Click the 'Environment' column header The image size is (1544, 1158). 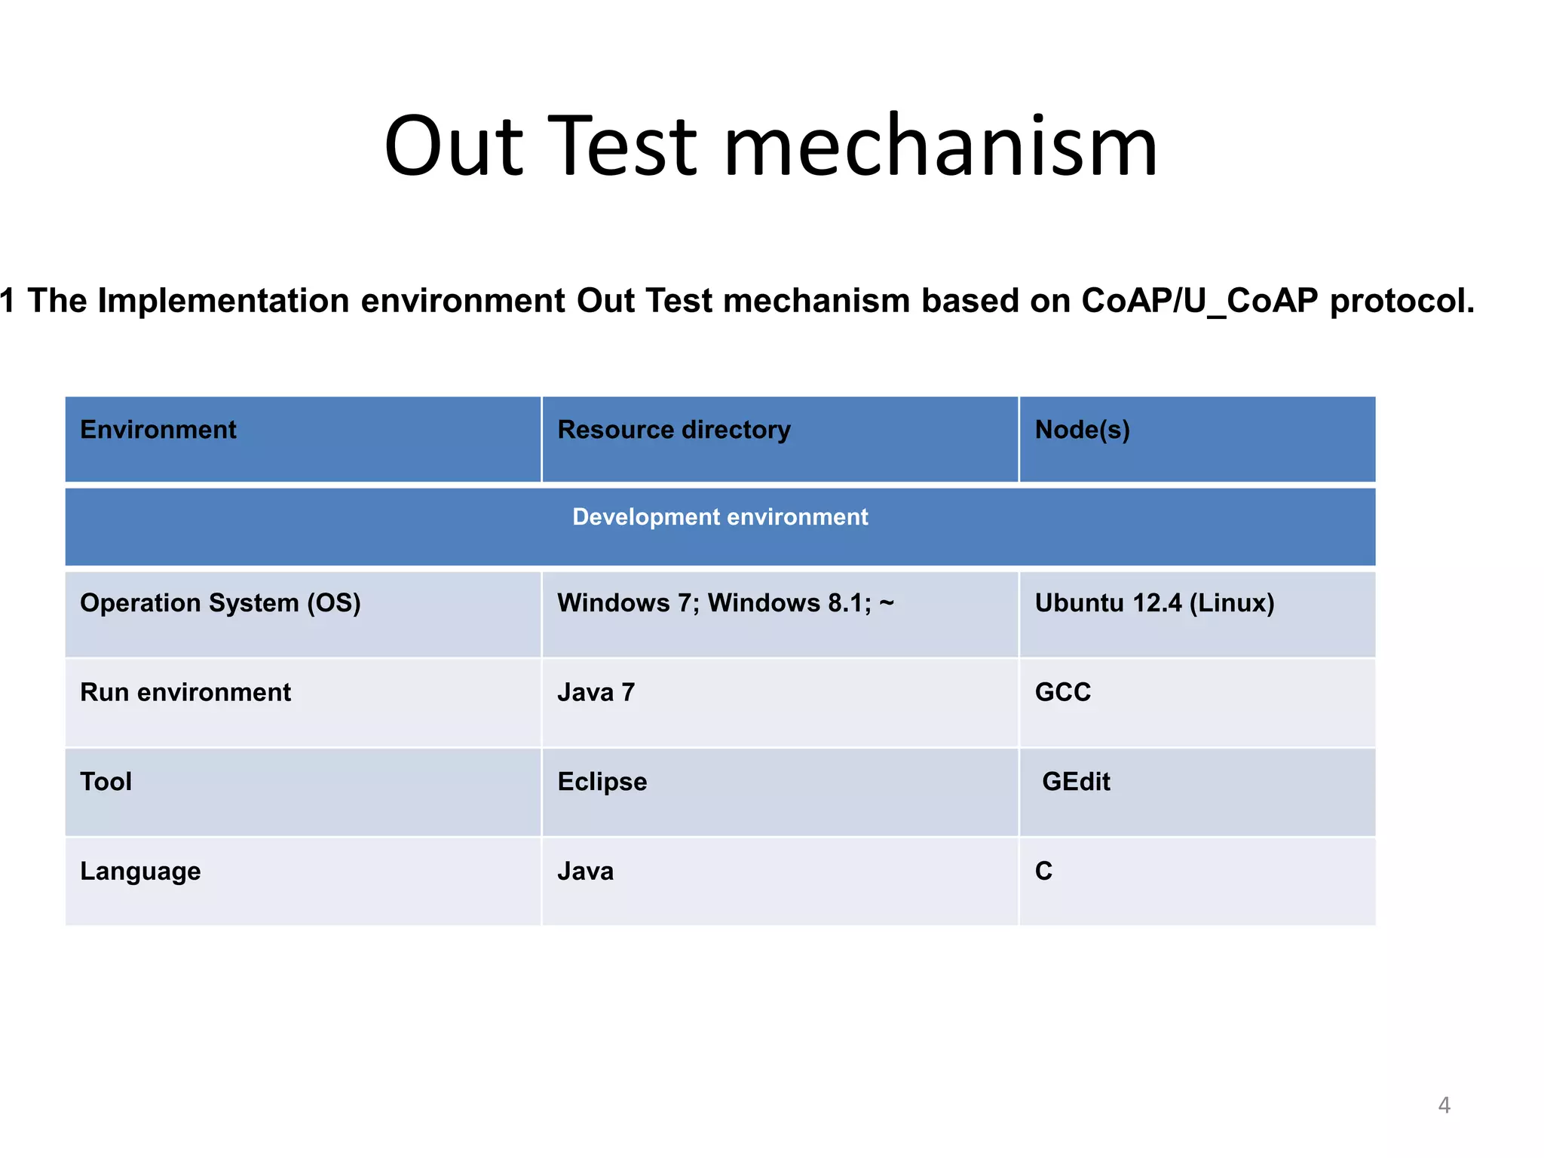[x=158, y=430]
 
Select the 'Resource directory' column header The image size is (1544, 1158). [x=673, y=430]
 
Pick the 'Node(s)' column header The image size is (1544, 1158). [x=1082, y=430]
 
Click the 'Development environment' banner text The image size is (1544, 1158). [x=719, y=517]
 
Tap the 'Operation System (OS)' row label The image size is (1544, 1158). [x=220, y=603]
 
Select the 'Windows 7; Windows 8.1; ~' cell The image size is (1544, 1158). [x=725, y=603]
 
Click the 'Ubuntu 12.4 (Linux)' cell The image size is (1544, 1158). [x=1153, y=603]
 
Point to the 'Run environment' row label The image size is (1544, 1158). [x=185, y=692]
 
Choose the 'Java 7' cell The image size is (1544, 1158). [x=596, y=692]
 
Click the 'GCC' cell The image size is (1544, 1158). [x=1062, y=692]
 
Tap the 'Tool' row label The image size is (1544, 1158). [x=106, y=782]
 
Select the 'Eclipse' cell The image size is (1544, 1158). [x=602, y=782]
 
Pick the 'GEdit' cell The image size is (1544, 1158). [x=1075, y=782]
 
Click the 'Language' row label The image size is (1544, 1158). [x=140, y=872]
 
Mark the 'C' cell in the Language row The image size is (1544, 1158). [x=1043, y=872]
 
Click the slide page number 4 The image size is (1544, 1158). [x=1444, y=1105]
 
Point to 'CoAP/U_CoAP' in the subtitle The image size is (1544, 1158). [x=1199, y=301]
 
